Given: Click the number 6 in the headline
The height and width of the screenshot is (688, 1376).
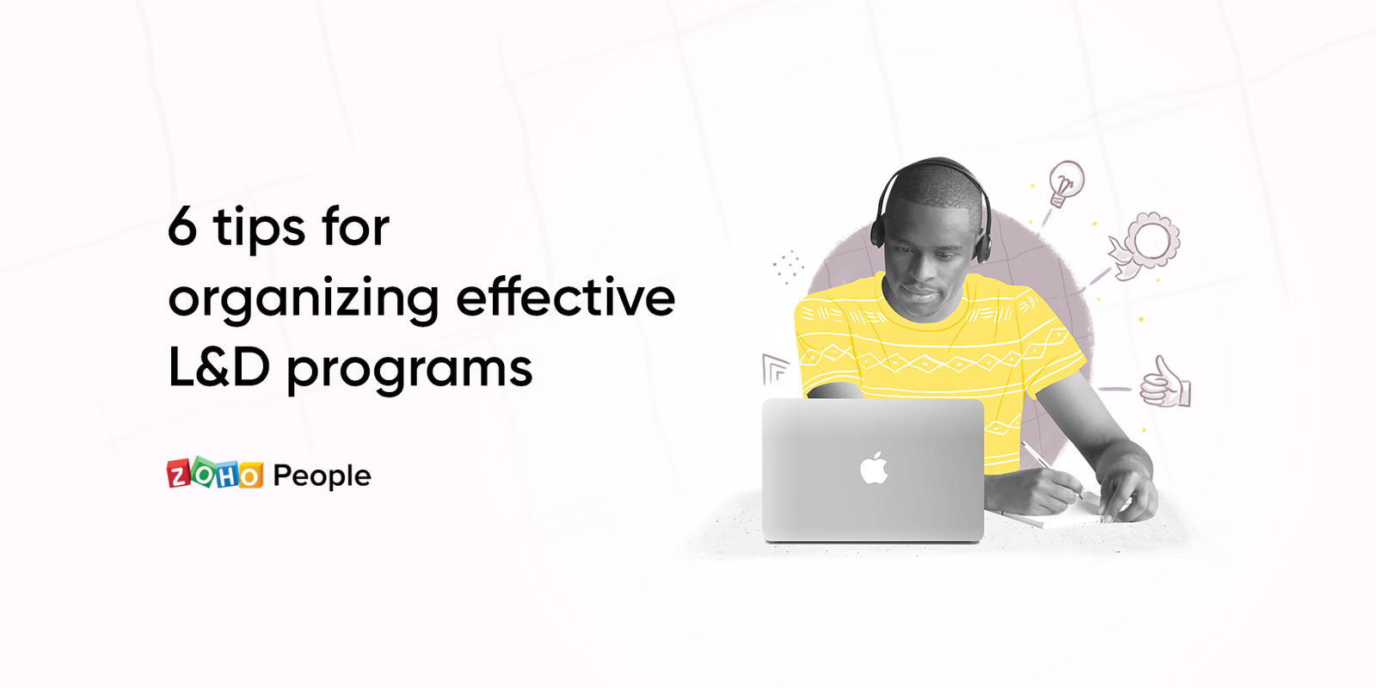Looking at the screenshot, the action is (x=182, y=227).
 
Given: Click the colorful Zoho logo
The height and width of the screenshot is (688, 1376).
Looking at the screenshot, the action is (x=215, y=473).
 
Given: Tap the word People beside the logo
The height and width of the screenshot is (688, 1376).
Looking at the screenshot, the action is (x=322, y=476).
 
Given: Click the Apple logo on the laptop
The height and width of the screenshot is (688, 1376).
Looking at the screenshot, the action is (x=874, y=468).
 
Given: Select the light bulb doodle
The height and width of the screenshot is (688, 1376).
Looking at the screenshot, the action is (x=1066, y=182).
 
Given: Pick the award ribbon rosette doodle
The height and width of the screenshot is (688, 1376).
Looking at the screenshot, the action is (x=1145, y=245).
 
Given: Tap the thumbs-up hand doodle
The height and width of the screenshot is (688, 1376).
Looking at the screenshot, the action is (x=1165, y=383).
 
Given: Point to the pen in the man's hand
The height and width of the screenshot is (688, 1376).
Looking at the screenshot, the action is (x=1052, y=470).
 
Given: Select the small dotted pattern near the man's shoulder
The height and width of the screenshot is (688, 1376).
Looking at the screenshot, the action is (x=788, y=267).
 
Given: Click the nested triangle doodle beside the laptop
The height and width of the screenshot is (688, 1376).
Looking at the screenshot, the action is (x=775, y=370).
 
